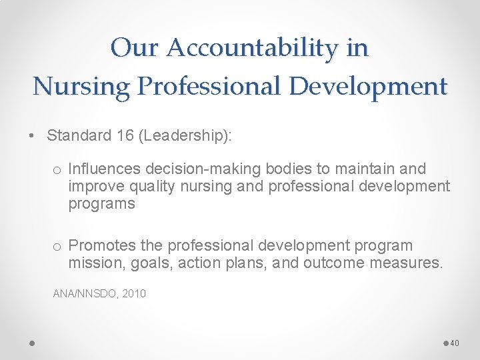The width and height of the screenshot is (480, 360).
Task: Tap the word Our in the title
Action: pyautogui.click(x=135, y=48)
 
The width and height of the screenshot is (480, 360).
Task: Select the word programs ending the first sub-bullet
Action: pyautogui.click(x=101, y=203)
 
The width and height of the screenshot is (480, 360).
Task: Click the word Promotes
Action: pyautogui.click(x=99, y=246)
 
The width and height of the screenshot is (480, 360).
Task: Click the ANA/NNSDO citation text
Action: pyautogui.click(x=83, y=293)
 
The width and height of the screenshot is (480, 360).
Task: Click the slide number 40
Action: pyautogui.click(x=455, y=343)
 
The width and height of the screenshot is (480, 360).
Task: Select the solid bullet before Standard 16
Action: pyautogui.click(x=32, y=136)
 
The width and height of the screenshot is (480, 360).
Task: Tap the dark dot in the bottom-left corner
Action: pyautogui.click(x=32, y=343)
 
